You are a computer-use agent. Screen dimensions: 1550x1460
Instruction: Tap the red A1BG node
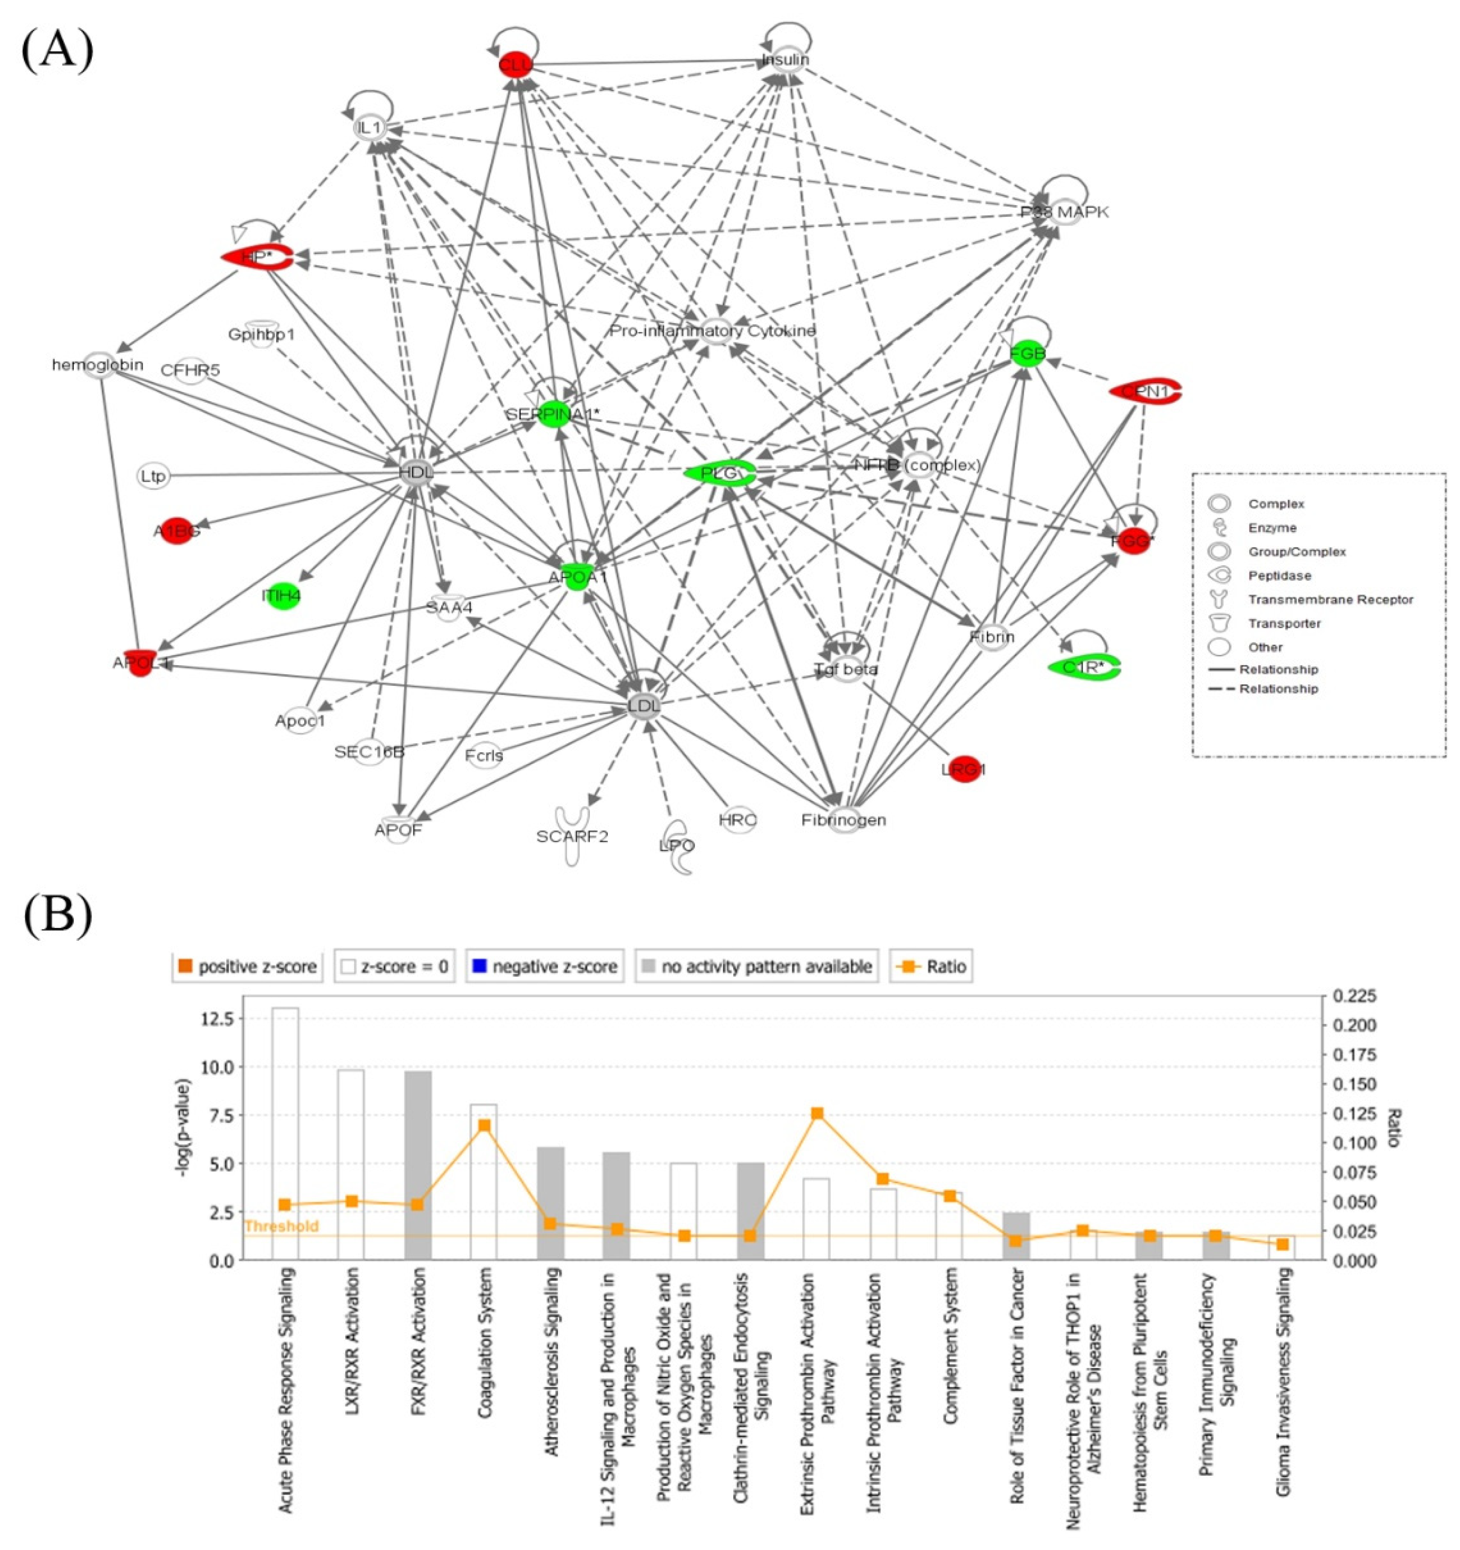177,532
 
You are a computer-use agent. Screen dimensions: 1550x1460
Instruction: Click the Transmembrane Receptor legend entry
1330,600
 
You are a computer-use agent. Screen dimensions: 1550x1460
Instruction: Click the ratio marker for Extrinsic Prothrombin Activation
817,1113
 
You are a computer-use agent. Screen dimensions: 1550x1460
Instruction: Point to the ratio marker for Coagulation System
484,1125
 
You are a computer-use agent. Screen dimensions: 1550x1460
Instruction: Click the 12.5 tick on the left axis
217,1019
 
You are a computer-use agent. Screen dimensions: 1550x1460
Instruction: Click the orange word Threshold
281,1226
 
